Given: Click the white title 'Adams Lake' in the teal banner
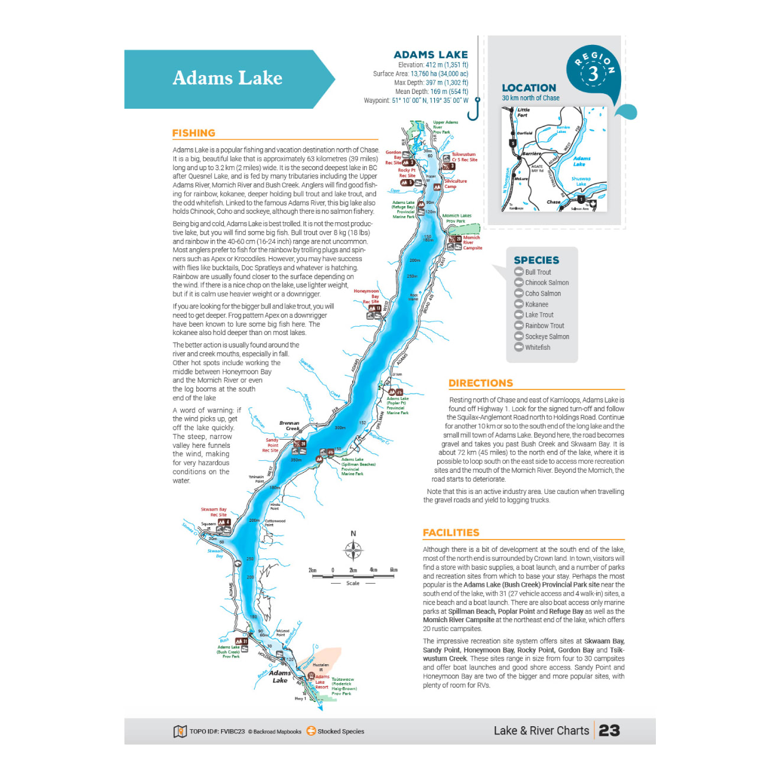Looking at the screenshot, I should pyautogui.click(x=227, y=78).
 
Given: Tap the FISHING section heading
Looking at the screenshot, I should pyautogui.click(x=193, y=133).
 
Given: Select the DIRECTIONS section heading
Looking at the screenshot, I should pyautogui.click(x=480, y=383).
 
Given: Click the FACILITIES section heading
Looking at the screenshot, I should pyautogui.click(x=451, y=532).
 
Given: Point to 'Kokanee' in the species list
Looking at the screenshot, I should pyautogui.click(x=536, y=304).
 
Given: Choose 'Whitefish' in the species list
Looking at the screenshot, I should pyautogui.click(x=537, y=347).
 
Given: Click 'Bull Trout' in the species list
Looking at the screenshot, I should pyautogui.click(x=538, y=272).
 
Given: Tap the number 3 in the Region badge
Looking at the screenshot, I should pyautogui.click(x=593, y=74).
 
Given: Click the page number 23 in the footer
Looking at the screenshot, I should pyautogui.click(x=609, y=730).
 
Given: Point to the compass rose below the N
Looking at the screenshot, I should pyautogui.click(x=353, y=550).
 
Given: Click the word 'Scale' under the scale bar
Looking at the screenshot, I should pyautogui.click(x=353, y=583).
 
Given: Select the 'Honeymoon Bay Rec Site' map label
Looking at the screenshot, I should pyautogui.click(x=366, y=296).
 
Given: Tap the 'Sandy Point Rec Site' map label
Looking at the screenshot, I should pyautogui.click(x=271, y=445).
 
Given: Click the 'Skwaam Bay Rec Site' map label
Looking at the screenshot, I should pyautogui.click(x=214, y=512).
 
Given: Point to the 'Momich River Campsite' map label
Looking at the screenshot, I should pyautogui.click(x=472, y=242).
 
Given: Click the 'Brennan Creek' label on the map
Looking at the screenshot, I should pyautogui.click(x=289, y=425).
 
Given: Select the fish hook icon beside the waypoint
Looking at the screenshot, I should pyautogui.click(x=474, y=109).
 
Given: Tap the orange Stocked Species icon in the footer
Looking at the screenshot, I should pyautogui.click(x=311, y=731).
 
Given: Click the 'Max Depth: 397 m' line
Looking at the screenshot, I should pyautogui.click(x=431, y=83).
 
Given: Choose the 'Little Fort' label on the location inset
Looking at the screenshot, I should pyautogui.click(x=523, y=112).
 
